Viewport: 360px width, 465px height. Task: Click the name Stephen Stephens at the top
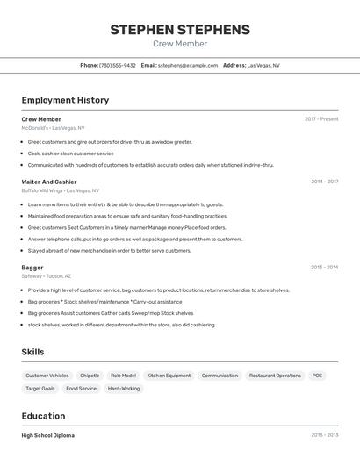[x=180, y=30]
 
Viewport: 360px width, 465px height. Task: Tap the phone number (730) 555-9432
[x=118, y=65]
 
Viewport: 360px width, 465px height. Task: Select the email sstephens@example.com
[x=188, y=65]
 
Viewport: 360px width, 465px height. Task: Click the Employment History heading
[x=65, y=100]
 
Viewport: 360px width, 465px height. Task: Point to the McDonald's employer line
[x=53, y=128]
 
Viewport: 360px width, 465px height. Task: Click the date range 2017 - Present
[x=321, y=119]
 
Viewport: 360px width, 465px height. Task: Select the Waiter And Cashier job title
[x=49, y=182]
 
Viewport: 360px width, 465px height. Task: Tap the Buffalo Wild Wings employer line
[x=60, y=190]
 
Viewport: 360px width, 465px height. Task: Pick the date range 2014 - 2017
[x=324, y=182]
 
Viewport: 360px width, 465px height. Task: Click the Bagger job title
[x=32, y=267]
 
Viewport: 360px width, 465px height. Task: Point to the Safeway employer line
[x=47, y=275]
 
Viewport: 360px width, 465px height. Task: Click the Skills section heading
[x=33, y=352]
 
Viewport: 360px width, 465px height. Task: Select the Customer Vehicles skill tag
[x=47, y=376]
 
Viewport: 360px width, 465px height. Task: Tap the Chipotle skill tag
[x=90, y=376]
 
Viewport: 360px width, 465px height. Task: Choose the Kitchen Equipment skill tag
[x=169, y=376]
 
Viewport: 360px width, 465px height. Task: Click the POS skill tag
[x=317, y=376]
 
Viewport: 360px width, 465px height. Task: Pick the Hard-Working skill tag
[x=124, y=389]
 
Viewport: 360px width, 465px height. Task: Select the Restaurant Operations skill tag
[x=275, y=376]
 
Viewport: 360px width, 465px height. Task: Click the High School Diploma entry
[x=48, y=435]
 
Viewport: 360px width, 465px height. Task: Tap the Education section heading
[x=43, y=416]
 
